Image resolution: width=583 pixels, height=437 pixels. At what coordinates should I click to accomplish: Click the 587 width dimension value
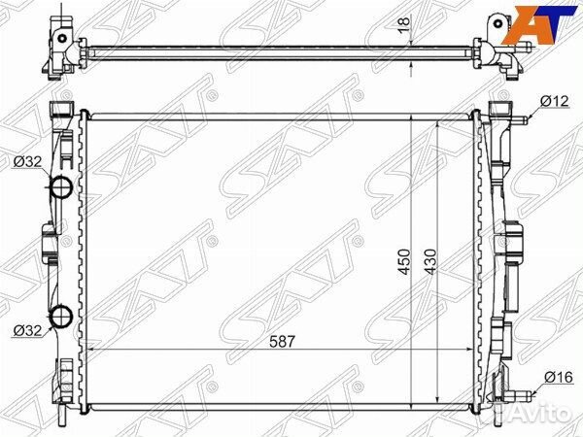282,342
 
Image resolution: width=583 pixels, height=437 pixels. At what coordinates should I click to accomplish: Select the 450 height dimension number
404,262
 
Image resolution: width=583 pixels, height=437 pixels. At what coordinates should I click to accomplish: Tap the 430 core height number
430,262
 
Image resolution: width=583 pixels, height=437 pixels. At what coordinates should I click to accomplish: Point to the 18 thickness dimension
403,25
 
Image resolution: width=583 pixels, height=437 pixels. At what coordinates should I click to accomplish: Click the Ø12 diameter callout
555,101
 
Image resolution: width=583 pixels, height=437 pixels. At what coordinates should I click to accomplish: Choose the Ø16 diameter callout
559,378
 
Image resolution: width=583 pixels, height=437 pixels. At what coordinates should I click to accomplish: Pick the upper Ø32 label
28,162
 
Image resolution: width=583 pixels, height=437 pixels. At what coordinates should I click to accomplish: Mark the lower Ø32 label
28,330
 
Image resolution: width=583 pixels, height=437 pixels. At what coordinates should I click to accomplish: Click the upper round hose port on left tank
60,186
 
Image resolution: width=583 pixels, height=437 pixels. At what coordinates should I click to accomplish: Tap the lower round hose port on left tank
60,317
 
